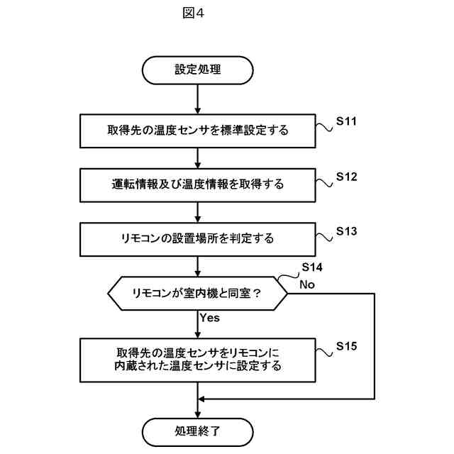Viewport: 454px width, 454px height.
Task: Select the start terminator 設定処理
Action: tap(197, 70)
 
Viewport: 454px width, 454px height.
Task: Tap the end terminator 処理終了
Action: tap(197, 431)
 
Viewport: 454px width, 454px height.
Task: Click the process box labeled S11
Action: tap(197, 131)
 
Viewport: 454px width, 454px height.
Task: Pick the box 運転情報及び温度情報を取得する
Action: tap(197, 184)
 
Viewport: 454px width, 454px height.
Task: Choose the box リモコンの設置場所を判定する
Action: tap(197, 238)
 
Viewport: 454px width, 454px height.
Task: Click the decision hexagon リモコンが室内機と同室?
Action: tap(197, 292)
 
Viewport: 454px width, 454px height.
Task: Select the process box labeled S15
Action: tap(197, 360)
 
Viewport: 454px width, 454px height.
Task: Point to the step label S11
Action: tap(345, 121)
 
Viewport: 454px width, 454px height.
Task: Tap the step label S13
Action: tap(345, 231)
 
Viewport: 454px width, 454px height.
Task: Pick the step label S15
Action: tap(345, 346)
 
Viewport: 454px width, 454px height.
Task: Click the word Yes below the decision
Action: tap(209, 318)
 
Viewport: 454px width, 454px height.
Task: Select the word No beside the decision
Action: tap(307, 284)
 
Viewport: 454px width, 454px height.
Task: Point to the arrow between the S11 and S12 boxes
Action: tap(197, 157)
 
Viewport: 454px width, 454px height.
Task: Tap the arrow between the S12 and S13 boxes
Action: tap(197, 211)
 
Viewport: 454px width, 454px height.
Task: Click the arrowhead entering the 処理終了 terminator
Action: tap(197, 414)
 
